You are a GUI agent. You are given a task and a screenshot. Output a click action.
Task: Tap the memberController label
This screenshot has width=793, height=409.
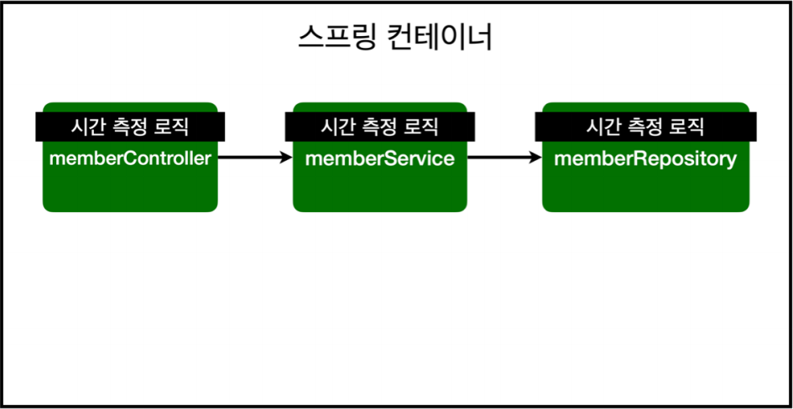pos(130,158)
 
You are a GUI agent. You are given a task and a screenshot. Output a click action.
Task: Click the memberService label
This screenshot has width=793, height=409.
pos(380,158)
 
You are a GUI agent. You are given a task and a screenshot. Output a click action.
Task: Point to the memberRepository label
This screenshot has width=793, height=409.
pos(645,158)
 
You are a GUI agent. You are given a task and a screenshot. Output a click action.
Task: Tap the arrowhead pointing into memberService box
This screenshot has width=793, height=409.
pos(285,157)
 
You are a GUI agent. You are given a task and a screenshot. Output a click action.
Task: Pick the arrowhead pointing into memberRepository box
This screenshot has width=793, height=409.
pos(535,157)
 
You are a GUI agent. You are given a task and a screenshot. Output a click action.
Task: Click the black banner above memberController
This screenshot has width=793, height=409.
pos(130,127)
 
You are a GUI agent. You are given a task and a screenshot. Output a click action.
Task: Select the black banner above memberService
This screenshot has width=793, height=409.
pos(380,127)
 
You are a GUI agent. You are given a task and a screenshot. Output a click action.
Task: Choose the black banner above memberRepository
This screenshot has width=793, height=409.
pos(645,127)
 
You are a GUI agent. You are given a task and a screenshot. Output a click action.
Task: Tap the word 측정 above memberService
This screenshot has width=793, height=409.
pos(379,127)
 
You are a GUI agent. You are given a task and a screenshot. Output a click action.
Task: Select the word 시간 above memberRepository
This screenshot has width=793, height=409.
pos(602,127)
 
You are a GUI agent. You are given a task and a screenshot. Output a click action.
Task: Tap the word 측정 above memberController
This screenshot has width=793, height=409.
pos(129,127)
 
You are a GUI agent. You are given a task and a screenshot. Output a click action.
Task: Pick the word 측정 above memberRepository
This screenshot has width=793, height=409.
pos(644,127)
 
